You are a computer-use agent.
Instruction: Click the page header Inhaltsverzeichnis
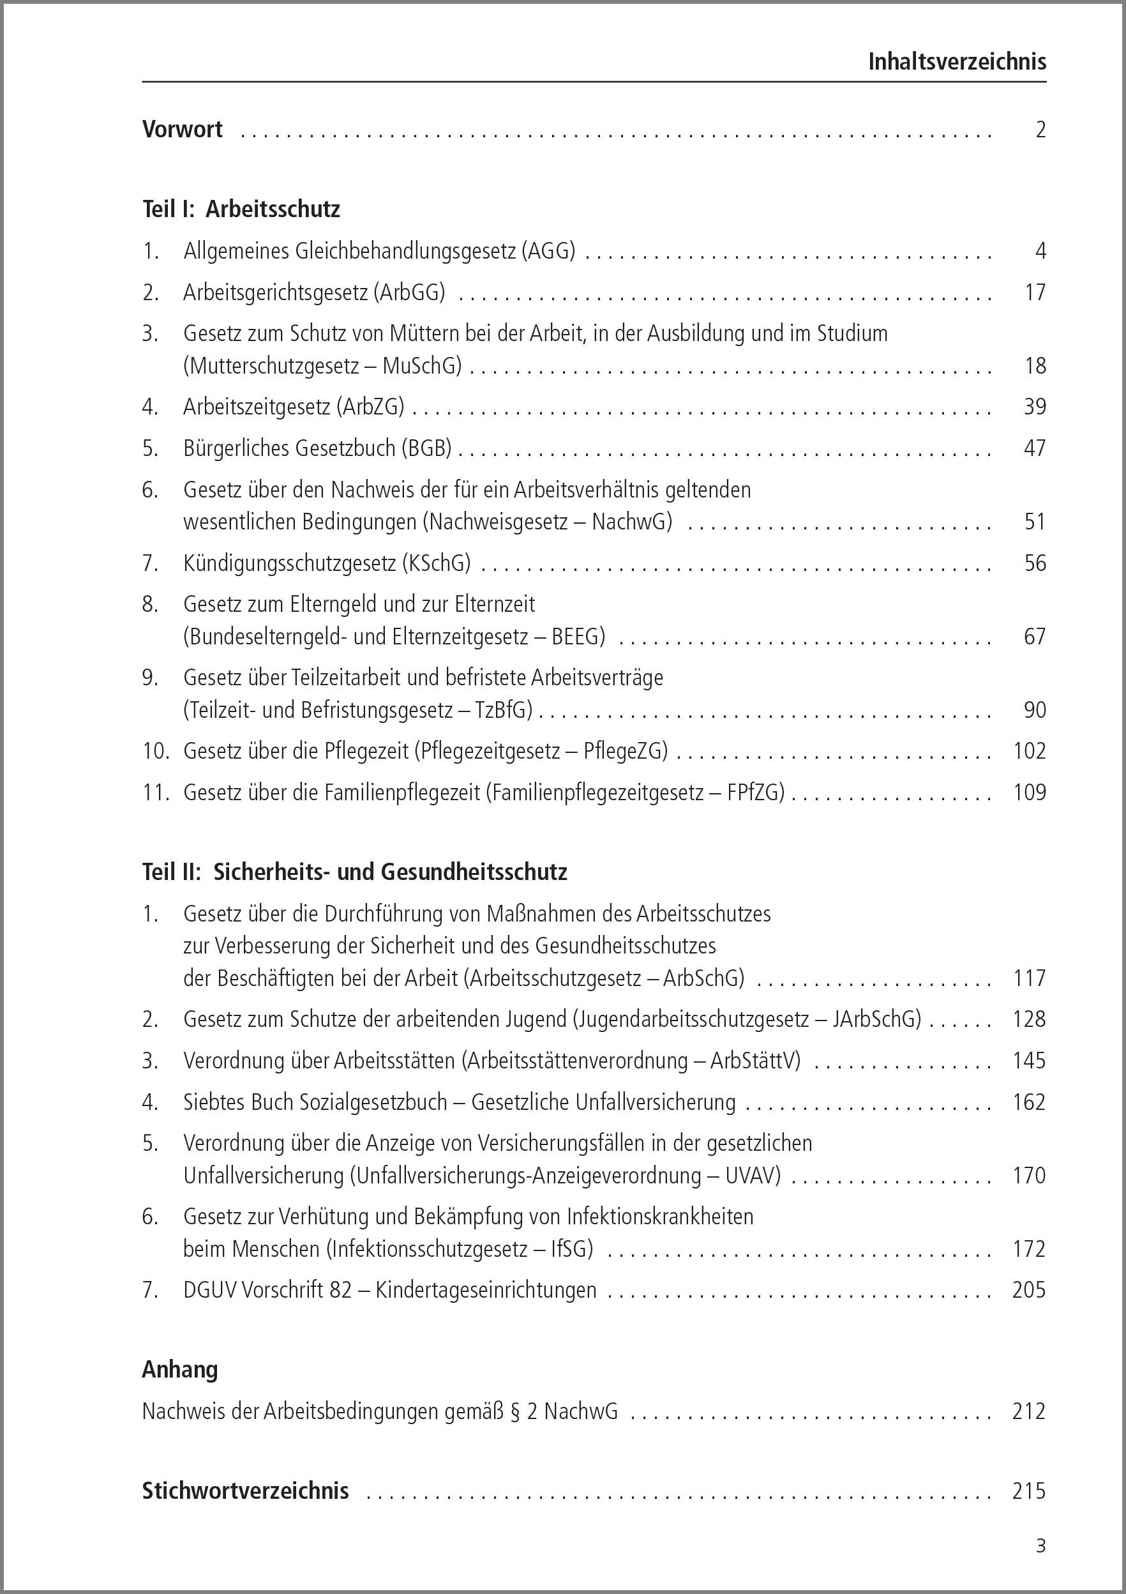pyautogui.click(x=957, y=62)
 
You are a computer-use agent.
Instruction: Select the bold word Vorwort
pyautogui.click(x=183, y=129)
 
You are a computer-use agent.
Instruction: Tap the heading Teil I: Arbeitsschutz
pyautogui.click(x=241, y=209)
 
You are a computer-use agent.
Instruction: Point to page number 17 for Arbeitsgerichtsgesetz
pyautogui.click(x=1035, y=292)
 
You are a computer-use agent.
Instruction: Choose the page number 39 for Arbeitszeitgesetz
pyautogui.click(x=1035, y=407)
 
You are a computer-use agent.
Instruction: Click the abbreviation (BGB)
pyautogui.click(x=426, y=448)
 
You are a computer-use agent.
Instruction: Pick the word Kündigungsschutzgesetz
pyautogui.click(x=289, y=563)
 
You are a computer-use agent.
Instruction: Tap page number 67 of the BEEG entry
pyautogui.click(x=1035, y=637)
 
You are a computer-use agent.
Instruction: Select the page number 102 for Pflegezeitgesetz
pyautogui.click(x=1029, y=751)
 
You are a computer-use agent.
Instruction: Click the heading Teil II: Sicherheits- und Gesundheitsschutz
pyautogui.click(x=354, y=872)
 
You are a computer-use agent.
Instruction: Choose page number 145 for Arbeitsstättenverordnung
pyautogui.click(x=1029, y=1061)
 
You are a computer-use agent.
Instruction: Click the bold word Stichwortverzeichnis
pyautogui.click(x=245, y=1491)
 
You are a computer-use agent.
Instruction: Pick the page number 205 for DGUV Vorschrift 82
pyautogui.click(x=1029, y=1291)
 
